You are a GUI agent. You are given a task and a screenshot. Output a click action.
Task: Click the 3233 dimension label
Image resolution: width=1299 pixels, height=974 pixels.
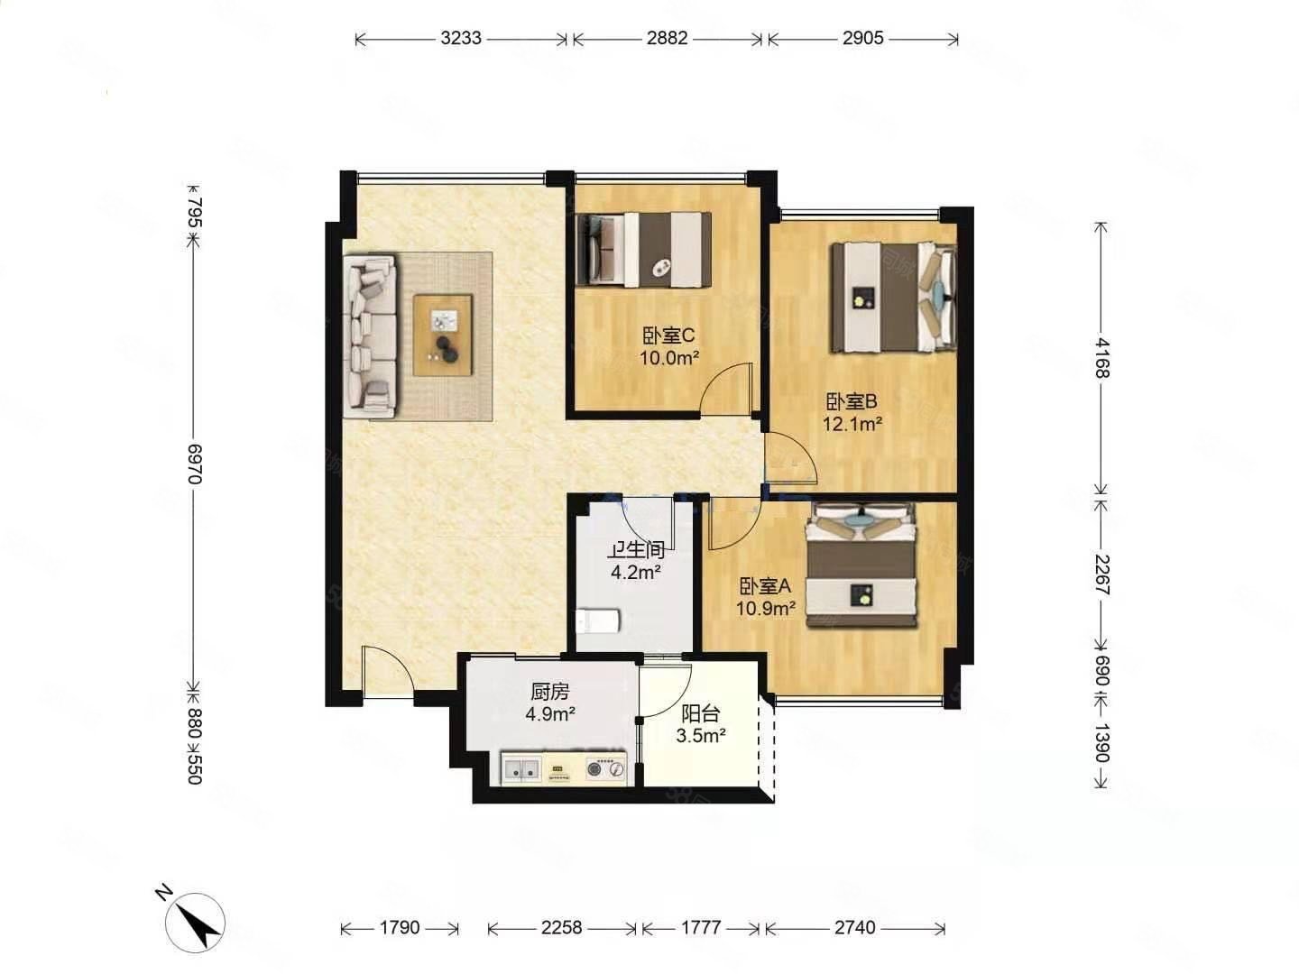coord(461,39)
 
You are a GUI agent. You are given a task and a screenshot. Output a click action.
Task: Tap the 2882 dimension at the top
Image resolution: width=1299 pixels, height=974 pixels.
coord(667,39)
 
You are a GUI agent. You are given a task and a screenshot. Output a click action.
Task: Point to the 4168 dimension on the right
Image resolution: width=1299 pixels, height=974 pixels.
coord(1101,358)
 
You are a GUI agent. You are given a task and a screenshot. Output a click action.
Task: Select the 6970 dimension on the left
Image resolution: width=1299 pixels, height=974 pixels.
coord(195,464)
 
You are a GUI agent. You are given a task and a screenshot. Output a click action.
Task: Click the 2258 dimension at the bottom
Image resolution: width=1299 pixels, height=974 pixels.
coord(562,927)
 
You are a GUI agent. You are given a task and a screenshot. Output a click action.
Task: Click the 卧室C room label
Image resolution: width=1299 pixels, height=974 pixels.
coord(668,335)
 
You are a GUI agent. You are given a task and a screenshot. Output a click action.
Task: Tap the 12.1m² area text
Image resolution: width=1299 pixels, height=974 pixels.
coord(852,424)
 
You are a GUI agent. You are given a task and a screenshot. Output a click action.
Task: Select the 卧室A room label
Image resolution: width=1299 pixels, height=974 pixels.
coord(765,586)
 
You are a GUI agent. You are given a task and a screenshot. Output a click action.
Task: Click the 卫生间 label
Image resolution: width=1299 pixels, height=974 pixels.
coord(637,550)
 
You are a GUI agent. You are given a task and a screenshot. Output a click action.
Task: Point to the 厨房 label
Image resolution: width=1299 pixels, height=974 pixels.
coord(549,691)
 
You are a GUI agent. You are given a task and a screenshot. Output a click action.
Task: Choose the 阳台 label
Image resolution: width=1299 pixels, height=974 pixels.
coord(700,713)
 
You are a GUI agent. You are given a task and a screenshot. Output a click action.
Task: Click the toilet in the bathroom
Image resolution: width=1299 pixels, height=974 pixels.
coord(598,621)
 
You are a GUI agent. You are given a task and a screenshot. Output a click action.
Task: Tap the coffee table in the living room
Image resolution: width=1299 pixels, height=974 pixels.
coord(443,335)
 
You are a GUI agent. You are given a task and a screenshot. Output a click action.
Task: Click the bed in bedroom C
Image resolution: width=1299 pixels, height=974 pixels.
coord(644,250)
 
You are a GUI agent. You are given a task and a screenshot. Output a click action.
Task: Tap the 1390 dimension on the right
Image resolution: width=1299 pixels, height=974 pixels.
coord(1101,743)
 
